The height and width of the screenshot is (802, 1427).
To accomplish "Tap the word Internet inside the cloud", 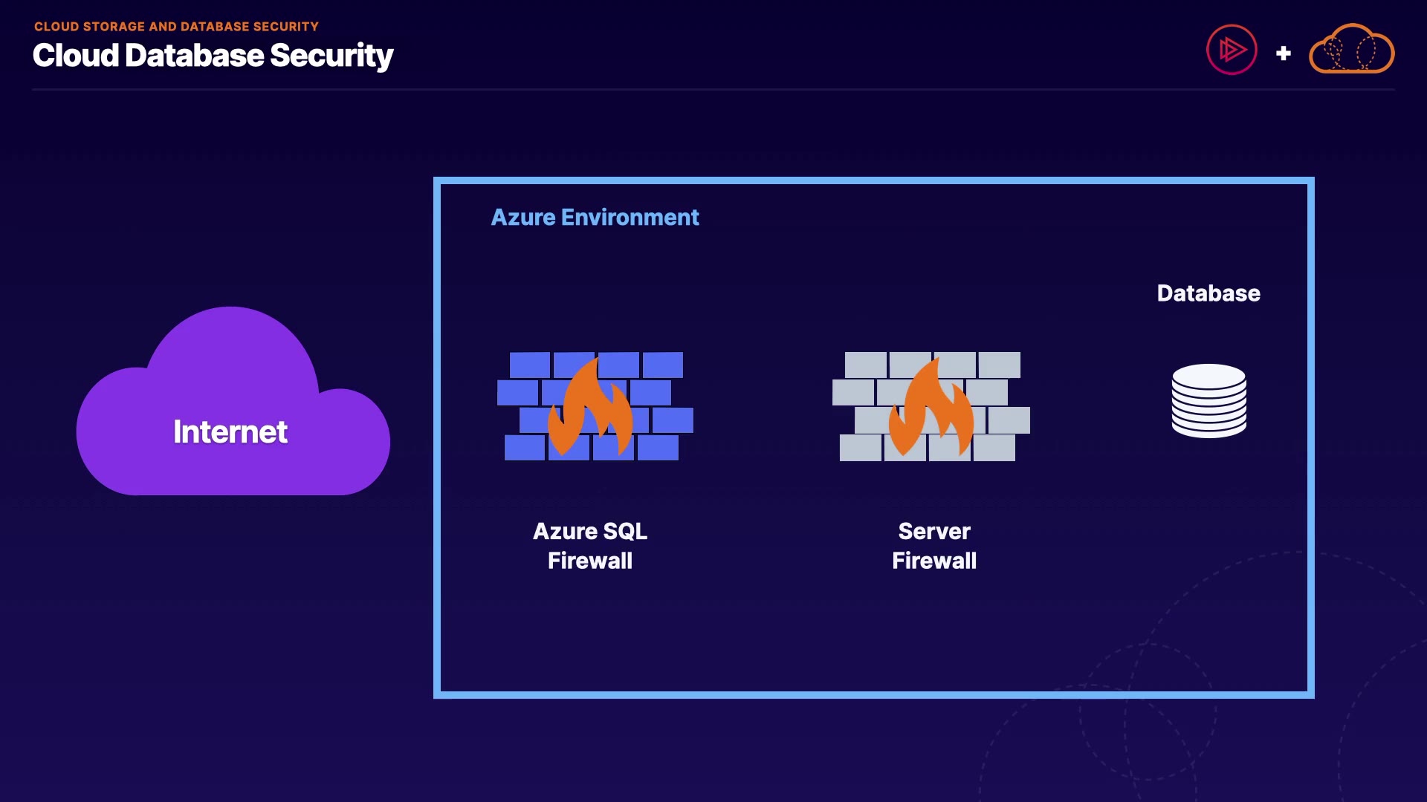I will coord(230,432).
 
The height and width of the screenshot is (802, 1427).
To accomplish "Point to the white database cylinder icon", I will coord(1208,401).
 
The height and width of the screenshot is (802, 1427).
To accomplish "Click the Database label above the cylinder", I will coord(1208,293).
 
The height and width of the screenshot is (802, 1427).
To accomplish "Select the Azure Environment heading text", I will coord(595,218).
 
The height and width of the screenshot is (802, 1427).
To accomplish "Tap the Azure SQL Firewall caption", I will coord(590,546).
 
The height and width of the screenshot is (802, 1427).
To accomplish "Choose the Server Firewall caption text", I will coord(934,546).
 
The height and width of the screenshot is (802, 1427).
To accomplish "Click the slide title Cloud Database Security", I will coord(213,56).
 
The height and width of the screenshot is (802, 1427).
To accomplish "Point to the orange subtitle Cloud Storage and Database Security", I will coord(176,27).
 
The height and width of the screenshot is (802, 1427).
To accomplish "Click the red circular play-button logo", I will coord(1232,50).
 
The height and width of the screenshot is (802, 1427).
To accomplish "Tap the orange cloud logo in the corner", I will coord(1351,50).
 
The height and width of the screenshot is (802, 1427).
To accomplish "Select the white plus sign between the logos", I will coord(1283,53).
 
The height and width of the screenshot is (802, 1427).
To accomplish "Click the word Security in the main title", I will coord(331,56).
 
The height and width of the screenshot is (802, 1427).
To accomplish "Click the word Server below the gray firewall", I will coord(934,532).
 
